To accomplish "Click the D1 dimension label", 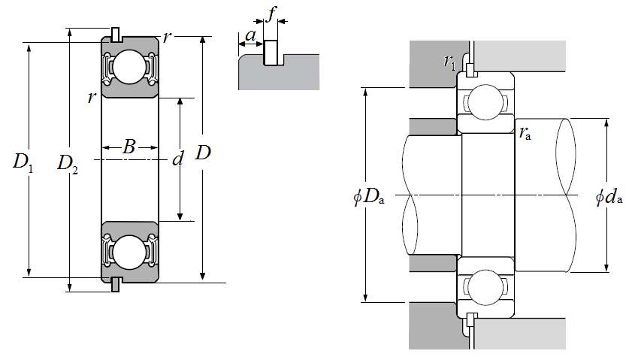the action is pyautogui.click(x=23, y=162).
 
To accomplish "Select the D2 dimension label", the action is pyautogui.click(x=68, y=164).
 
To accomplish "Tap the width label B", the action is pyautogui.click(x=129, y=147).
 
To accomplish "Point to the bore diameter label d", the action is pyautogui.click(x=177, y=159).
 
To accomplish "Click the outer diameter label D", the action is pyautogui.click(x=203, y=153).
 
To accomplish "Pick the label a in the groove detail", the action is pyautogui.click(x=251, y=35).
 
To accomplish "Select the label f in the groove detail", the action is pyautogui.click(x=271, y=14).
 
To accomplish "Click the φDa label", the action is pyautogui.click(x=369, y=197).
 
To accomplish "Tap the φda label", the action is pyautogui.click(x=609, y=196).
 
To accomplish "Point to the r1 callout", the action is pyautogui.click(x=449, y=62).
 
